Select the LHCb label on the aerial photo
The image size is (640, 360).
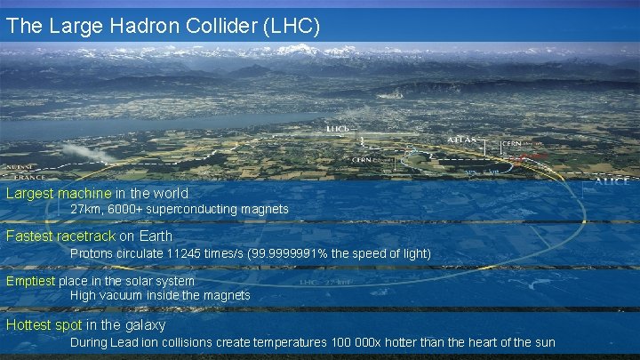(x=338, y=129)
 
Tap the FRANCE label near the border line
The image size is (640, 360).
(x=20, y=176)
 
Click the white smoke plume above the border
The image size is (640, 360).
(x=89, y=153)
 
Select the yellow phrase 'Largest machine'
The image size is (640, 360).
(x=59, y=193)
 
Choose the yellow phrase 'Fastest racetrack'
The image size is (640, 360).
(x=60, y=236)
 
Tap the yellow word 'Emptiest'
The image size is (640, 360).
(x=30, y=281)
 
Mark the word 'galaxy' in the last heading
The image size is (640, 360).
(x=144, y=325)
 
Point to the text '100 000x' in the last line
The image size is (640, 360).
(x=354, y=342)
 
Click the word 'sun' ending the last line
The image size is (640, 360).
(x=544, y=342)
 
